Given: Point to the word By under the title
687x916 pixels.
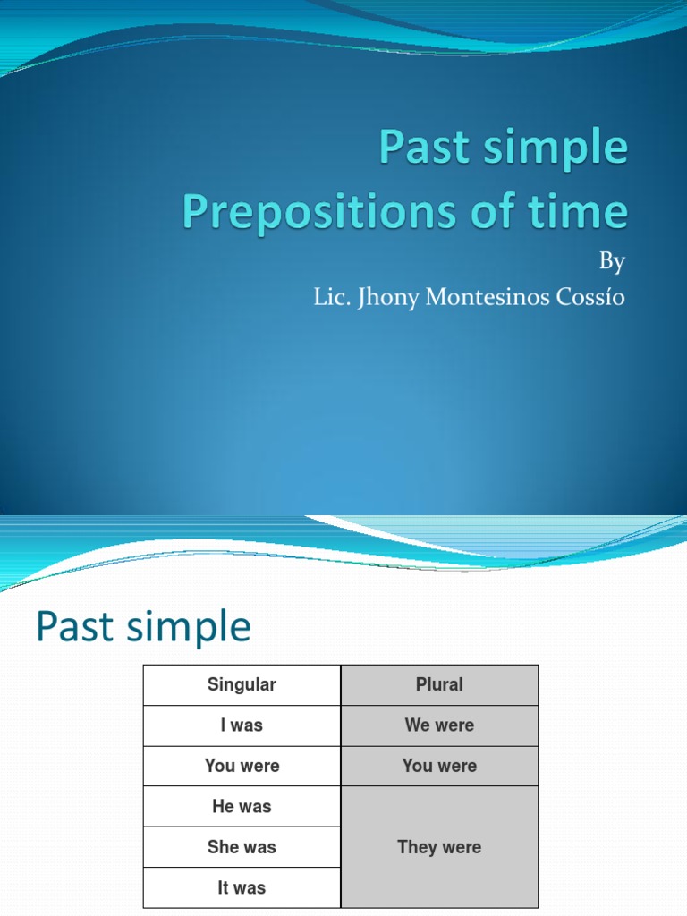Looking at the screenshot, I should click(612, 261).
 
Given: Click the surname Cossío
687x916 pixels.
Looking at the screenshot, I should click(590, 298).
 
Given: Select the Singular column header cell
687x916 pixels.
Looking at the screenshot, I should click(242, 685).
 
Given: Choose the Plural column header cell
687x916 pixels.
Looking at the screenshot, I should click(439, 685).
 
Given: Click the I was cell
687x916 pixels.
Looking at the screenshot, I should click(242, 725).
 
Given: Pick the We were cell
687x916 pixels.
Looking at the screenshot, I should click(439, 725).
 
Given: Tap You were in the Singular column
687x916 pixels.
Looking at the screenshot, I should click(242, 767).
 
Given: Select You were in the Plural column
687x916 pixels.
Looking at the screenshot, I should click(439, 767).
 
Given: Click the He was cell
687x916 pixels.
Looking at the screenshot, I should click(242, 807).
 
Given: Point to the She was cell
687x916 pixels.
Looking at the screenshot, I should click(242, 847).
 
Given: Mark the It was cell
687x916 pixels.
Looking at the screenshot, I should click(242, 888).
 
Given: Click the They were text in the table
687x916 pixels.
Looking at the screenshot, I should click(439, 847).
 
